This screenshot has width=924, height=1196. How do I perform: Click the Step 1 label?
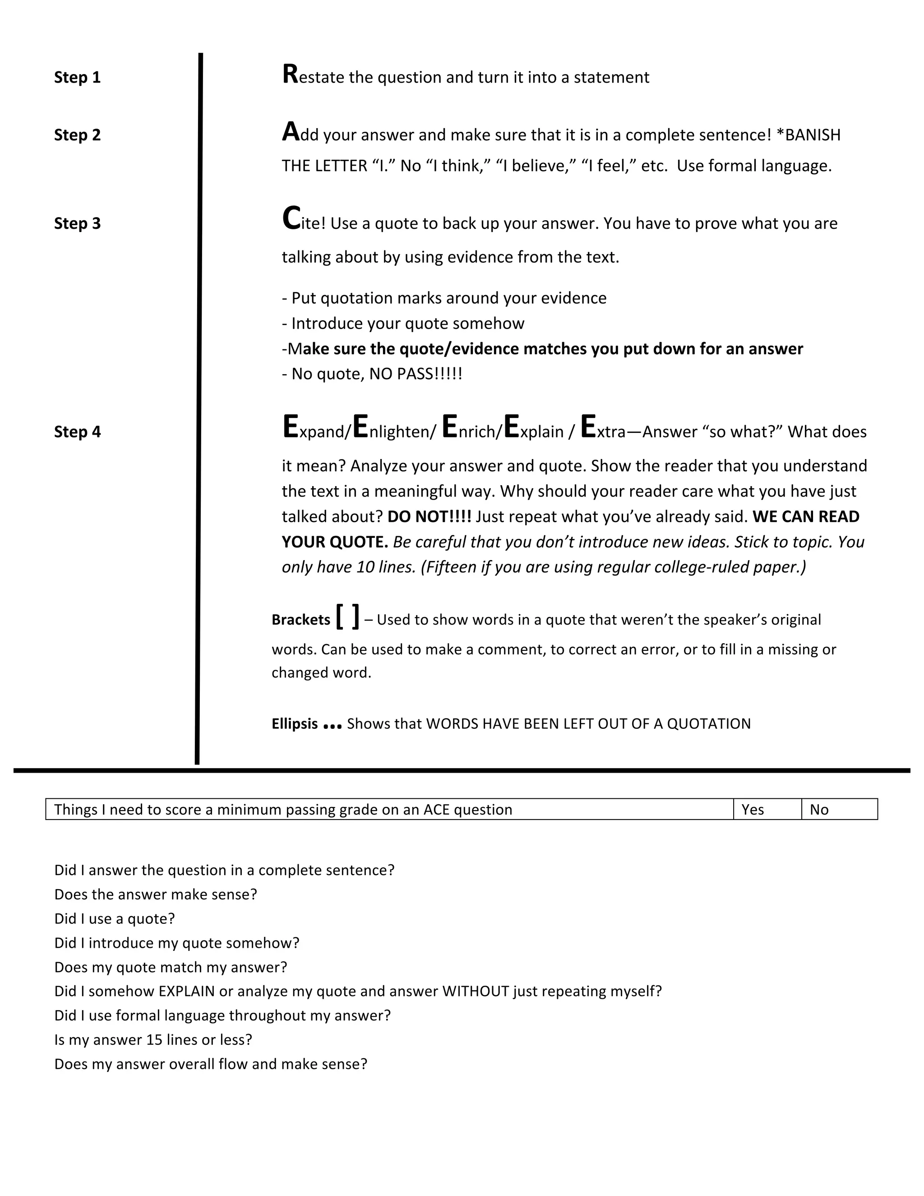77,77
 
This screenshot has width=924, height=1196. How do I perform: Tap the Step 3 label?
77,223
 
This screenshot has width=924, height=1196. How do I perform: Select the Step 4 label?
77,432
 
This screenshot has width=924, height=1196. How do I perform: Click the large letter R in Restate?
290,74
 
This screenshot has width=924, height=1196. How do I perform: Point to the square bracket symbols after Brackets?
347,617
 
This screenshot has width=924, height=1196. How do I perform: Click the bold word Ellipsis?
295,724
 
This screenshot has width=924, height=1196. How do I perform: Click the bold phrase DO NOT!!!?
429,517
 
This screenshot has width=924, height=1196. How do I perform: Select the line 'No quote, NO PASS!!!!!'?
372,374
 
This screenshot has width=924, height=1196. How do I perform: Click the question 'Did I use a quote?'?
115,918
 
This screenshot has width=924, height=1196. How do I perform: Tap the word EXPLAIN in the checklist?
187,991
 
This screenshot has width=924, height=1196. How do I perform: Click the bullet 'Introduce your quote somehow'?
403,324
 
